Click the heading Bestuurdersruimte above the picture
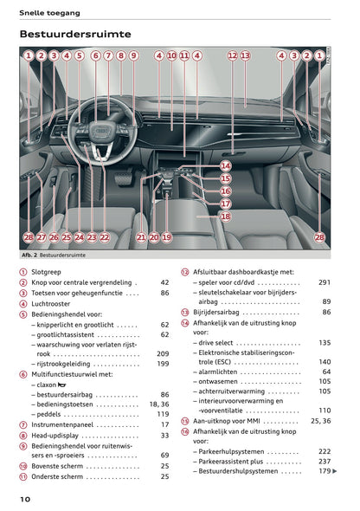pos(75,34)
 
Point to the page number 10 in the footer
pos(26,499)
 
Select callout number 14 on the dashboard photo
pos(225,165)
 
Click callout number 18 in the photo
pos(225,217)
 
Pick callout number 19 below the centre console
pos(166,236)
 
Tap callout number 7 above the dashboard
pos(108,55)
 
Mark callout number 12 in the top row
pos(232,55)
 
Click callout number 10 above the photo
pos(171,55)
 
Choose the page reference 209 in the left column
pos(163,353)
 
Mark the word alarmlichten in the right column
pos(222,372)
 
